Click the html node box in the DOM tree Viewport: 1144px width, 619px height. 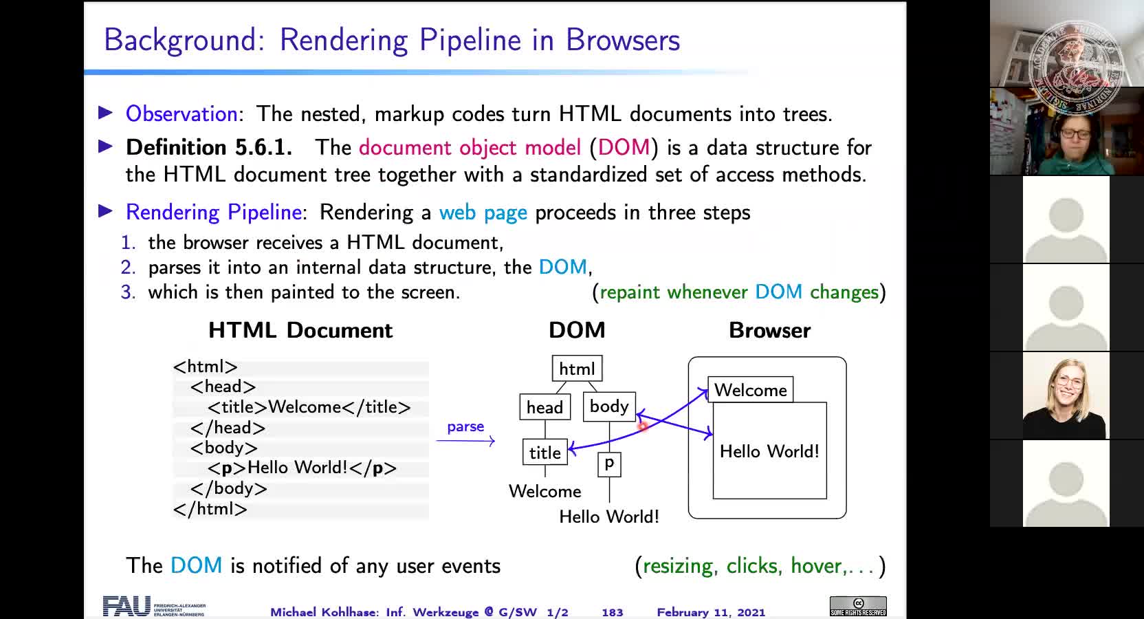577,369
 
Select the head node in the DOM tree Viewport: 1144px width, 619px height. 544,407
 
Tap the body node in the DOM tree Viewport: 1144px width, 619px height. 609,406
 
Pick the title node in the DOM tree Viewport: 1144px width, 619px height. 544,453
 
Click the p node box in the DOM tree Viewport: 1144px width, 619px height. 609,464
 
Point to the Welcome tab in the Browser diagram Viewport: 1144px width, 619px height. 750,390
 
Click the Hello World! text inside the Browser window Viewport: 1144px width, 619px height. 769,451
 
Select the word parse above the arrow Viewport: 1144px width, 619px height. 465,426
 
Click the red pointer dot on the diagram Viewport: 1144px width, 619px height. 643,427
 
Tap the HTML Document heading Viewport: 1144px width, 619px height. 300,330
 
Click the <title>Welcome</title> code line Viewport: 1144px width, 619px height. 309,407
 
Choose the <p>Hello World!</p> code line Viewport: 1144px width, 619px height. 302,468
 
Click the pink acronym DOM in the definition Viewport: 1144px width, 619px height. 624,147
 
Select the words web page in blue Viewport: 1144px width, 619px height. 483,212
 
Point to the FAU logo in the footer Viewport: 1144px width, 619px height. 127,606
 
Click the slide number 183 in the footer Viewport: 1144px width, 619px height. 612,612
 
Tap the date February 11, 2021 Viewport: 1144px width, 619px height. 710,612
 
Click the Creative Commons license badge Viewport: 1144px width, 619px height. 857,606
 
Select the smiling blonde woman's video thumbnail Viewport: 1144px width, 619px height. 1066,396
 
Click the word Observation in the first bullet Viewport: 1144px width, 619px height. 181,113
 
